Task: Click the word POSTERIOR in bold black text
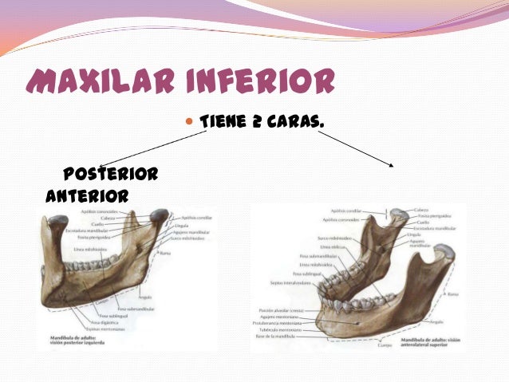click(x=109, y=174)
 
